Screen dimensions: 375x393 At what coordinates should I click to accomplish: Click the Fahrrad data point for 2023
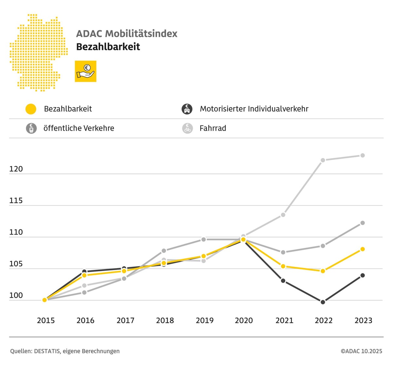pyautogui.click(x=363, y=155)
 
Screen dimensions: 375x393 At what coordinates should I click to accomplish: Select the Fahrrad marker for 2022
pyautogui.click(x=323, y=160)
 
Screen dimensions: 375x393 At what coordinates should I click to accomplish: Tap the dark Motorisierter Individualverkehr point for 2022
pyautogui.click(x=323, y=302)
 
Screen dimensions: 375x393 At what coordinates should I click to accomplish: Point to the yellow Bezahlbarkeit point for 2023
pyautogui.click(x=363, y=249)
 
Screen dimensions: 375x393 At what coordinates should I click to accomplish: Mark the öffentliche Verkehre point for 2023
pyautogui.click(x=363, y=223)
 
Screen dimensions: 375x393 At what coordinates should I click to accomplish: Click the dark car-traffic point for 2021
pyautogui.click(x=283, y=281)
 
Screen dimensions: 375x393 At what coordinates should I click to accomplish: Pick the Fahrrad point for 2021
pyautogui.click(x=283, y=215)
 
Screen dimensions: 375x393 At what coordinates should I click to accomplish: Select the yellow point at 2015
pyautogui.click(x=45, y=300)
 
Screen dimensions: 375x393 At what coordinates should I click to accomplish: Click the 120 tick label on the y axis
pyautogui.click(x=16, y=169)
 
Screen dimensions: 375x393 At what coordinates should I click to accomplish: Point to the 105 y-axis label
pyautogui.click(x=16, y=264)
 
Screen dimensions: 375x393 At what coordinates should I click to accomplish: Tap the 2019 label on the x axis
pyautogui.click(x=204, y=320)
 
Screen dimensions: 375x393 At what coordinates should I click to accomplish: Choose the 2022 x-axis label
pyautogui.click(x=324, y=320)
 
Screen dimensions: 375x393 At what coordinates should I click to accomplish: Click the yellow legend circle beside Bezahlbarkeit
pyautogui.click(x=31, y=109)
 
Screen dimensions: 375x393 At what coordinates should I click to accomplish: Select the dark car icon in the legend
pyautogui.click(x=187, y=109)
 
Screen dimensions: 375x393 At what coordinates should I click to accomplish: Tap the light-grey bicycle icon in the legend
pyautogui.click(x=187, y=128)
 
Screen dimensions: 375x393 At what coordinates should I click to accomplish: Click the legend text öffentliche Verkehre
pyautogui.click(x=79, y=128)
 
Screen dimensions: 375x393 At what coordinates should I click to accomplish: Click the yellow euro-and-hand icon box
pyautogui.click(x=85, y=71)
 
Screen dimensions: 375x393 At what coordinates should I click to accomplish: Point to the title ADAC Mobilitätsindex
pyautogui.click(x=127, y=33)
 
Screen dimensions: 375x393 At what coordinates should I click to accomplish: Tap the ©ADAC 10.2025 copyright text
pyautogui.click(x=361, y=351)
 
